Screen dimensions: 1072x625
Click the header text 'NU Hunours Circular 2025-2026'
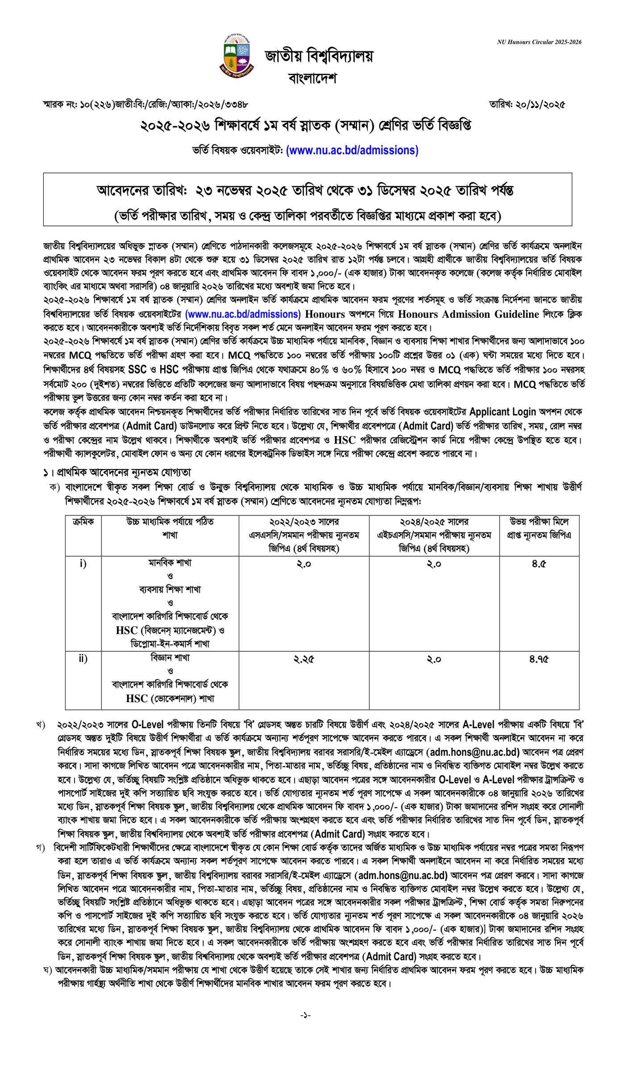(x=539, y=42)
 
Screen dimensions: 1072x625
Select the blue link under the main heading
(x=352, y=151)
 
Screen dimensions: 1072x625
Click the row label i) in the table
(x=83, y=564)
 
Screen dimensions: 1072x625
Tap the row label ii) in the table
(x=83, y=658)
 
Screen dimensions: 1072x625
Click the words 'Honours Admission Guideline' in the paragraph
(x=469, y=314)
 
